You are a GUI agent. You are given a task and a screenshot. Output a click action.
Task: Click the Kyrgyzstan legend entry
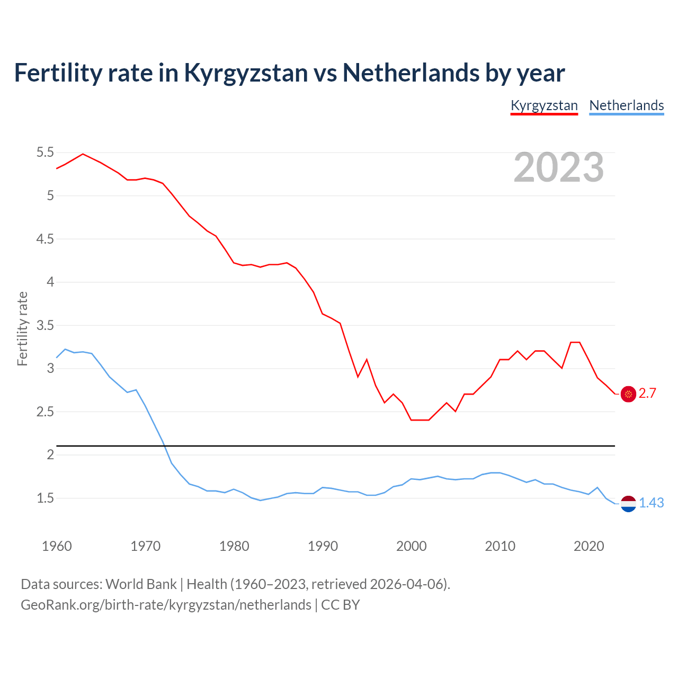click(544, 105)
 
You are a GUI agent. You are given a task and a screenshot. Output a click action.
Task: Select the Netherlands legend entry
click(626, 105)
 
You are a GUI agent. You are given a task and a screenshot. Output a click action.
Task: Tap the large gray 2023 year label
click(558, 167)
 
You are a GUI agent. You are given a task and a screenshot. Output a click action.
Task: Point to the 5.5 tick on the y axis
click(45, 153)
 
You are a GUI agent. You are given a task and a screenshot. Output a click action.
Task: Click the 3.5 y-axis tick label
click(45, 325)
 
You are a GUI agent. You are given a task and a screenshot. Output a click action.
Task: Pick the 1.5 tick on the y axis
click(45, 498)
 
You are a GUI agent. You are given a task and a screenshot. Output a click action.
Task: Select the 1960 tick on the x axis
click(57, 546)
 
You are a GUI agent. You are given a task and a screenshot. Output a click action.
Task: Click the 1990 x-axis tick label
click(323, 546)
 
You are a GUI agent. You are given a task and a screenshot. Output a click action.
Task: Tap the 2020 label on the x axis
click(588, 546)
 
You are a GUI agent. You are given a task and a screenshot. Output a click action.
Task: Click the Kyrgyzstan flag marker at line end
click(628, 394)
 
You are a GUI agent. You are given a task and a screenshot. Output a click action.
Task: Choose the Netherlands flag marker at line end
click(628, 504)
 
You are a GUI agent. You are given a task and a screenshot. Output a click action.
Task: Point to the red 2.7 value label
click(647, 394)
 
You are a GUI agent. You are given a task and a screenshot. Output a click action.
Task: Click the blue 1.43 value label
click(651, 503)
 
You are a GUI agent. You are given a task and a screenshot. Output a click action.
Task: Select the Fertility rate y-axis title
click(22, 328)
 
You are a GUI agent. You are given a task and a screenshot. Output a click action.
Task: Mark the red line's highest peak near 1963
click(83, 154)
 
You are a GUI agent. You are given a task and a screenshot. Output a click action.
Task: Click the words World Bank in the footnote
click(141, 584)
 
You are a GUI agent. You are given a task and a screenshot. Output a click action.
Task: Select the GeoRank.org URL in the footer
click(166, 605)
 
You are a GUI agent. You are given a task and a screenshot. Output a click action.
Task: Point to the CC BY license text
click(341, 605)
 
